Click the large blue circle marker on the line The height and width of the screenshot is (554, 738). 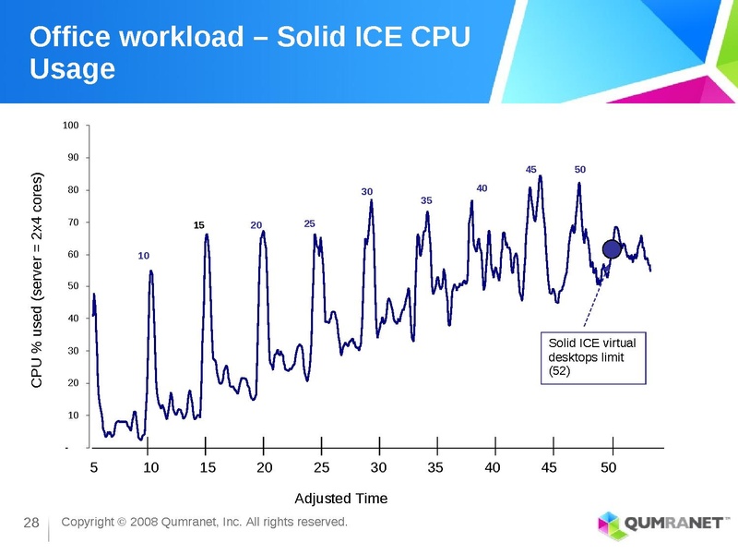611,248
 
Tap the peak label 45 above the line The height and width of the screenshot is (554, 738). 531,170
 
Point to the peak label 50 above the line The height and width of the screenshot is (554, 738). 580,170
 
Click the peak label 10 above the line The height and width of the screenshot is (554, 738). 144,255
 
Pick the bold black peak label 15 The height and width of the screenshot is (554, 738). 198,225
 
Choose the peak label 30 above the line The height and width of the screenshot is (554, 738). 366,191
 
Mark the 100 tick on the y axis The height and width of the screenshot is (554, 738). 71,125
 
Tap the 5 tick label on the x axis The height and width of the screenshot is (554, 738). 93,467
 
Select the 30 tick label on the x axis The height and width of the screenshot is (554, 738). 378,467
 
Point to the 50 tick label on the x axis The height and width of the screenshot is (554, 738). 608,467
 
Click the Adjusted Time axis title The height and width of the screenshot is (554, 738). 340,499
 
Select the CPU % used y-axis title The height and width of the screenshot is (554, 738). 38,280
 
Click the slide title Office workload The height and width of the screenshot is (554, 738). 250,52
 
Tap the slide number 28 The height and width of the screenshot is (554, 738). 30,525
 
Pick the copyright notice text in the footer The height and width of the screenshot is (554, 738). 204,523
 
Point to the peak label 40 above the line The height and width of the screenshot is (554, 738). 482,188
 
